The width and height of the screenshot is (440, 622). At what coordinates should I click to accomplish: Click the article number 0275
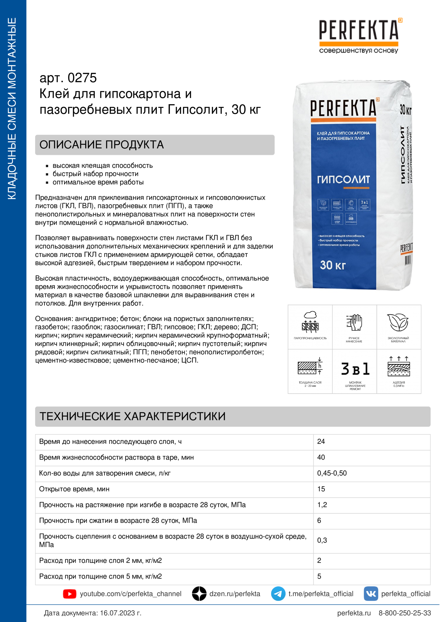82,78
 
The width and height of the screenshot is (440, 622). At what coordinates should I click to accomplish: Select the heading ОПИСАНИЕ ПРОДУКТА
102,145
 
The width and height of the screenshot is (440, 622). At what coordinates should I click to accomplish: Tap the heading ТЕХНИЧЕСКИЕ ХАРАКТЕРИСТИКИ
133,416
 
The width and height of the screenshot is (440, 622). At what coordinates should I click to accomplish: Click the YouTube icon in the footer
70,594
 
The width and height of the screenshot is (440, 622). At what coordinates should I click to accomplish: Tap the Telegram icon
278,594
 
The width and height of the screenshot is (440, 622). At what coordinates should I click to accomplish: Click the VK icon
371,594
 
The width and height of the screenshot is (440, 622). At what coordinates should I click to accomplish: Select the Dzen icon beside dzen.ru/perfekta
199,594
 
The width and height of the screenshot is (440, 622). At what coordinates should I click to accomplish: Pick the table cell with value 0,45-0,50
332,473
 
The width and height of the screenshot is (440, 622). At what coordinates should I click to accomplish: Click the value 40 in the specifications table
321,457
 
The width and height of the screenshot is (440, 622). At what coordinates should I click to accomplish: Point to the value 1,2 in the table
322,505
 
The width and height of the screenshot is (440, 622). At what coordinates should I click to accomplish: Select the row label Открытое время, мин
74,489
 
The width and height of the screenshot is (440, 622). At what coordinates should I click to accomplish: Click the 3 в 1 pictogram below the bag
355,369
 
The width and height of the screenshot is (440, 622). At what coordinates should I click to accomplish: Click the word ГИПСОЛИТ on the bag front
343,179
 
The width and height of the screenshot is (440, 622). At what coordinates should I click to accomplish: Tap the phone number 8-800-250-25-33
405,613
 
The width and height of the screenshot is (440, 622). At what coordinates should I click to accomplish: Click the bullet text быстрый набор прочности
96,174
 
